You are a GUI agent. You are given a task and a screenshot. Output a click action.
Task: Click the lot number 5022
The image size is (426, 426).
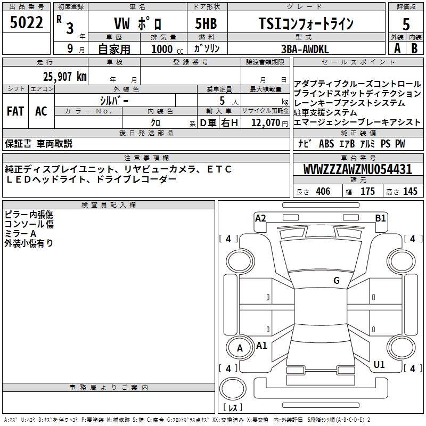tap(26, 24)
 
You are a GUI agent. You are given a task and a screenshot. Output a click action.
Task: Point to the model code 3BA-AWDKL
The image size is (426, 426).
tap(304, 48)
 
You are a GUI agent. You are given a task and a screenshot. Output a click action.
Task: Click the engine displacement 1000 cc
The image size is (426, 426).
tap(162, 49)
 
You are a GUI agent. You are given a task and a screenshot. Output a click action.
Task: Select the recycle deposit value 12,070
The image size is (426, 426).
tap(265, 122)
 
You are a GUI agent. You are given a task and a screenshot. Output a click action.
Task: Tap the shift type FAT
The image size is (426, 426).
tap(15, 111)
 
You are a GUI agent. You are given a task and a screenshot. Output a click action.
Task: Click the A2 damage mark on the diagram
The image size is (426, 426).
tap(260, 218)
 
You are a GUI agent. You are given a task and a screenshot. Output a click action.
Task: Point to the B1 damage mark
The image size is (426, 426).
tap(380, 218)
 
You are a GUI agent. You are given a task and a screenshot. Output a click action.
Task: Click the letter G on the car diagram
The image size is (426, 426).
tap(337, 281)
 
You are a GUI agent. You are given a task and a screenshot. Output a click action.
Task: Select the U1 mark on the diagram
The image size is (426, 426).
tap(379, 365)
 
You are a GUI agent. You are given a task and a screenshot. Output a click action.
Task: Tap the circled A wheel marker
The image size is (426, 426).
tap(240, 348)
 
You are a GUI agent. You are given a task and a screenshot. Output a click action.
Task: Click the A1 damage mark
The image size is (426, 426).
tap(262, 345)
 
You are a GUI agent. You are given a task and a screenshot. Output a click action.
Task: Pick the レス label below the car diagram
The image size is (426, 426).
tap(232, 408)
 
